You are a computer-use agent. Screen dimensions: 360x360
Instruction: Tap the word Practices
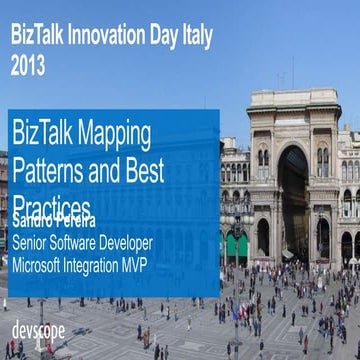tap(52, 204)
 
